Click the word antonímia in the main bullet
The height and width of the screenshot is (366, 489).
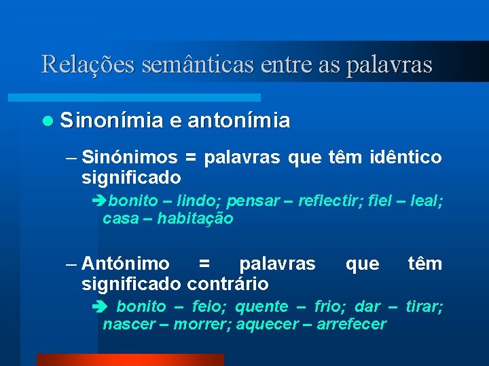tap(238, 121)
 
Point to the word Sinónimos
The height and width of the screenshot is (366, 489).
tap(129, 158)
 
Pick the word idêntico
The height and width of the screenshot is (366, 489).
tap(405, 158)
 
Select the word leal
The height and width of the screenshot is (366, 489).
tap(427, 201)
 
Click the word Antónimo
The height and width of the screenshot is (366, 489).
tap(125, 264)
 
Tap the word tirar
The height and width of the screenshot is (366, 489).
tap(424, 306)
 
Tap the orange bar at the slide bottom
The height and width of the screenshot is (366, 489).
tap(130, 360)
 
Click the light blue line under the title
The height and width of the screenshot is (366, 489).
tap(150, 98)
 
